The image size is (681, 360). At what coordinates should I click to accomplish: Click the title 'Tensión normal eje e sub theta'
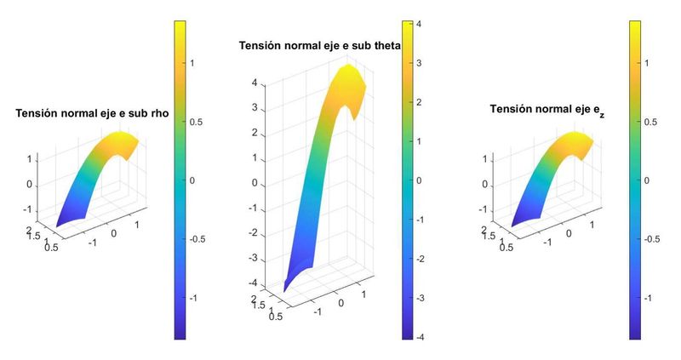coord(319,45)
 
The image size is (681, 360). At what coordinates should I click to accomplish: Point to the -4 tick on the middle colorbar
coord(420,337)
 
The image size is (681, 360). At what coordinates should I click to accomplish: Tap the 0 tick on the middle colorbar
coord(418,180)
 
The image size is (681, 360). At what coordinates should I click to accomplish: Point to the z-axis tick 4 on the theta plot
coord(254,83)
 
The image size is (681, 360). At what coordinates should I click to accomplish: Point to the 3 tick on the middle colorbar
coord(418,63)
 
